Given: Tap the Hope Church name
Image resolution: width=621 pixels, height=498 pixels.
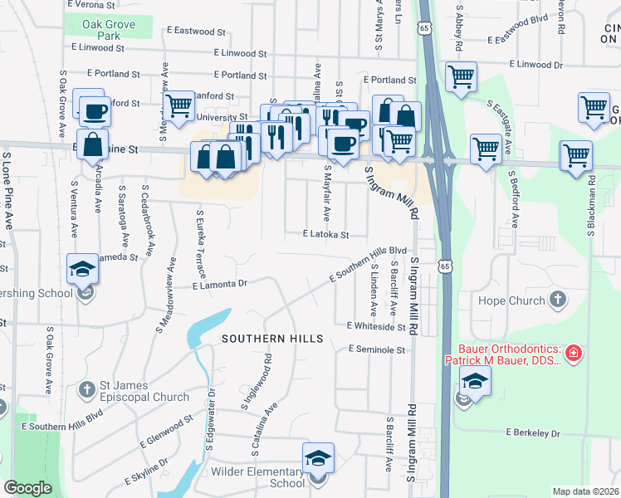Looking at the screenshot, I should (508, 300).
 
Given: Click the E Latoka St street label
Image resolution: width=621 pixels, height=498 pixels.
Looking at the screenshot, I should (325, 235).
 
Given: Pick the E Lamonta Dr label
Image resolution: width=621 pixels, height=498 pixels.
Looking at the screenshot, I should (220, 285).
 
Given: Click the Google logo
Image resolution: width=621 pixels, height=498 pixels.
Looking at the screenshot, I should (28, 488).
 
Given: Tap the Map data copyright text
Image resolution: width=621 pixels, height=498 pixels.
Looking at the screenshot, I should (586, 491).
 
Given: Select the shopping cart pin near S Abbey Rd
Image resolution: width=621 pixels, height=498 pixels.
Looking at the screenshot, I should (460, 77).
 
